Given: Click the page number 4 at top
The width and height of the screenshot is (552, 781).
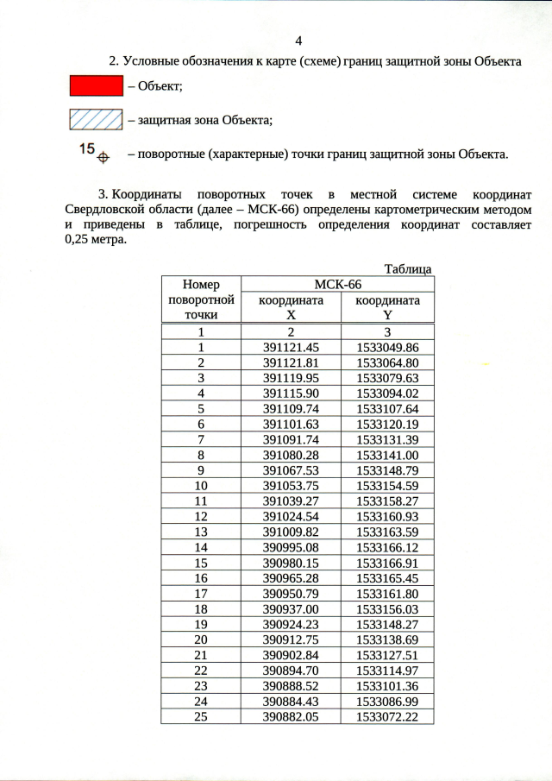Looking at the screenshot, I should tap(298, 41).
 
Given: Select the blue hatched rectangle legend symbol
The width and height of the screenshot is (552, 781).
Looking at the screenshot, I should tap(95, 120).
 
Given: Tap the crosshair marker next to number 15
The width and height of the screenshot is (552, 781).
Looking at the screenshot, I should tap(103, 157).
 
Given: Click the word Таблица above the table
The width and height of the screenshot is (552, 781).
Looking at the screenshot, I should tap(408, 269).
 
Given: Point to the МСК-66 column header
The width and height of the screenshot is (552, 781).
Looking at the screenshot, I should tap(336, 285).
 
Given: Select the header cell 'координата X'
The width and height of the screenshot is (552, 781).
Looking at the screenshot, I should tap(292, 307).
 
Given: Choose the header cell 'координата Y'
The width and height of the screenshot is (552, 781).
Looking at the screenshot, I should tap(388, 307).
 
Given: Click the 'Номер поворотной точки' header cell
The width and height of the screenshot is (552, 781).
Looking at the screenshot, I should tap(200, 299).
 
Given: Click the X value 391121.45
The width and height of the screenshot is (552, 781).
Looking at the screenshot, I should tap(292, 347).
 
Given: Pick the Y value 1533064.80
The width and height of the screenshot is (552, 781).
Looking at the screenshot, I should tap(388, 362).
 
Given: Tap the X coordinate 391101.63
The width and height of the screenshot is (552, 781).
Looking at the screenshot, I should tap(292, 424).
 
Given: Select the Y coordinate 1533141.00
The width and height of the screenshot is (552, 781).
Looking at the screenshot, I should tap(388, 455).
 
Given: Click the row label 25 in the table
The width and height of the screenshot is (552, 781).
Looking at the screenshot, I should tap(200, 717).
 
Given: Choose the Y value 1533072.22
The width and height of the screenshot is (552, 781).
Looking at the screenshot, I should tap(388, 717).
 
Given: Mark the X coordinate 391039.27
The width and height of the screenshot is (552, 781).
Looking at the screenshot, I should tap(292, 501).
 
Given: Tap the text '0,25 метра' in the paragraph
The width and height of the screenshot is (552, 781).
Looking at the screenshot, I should tap(95, 241).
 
